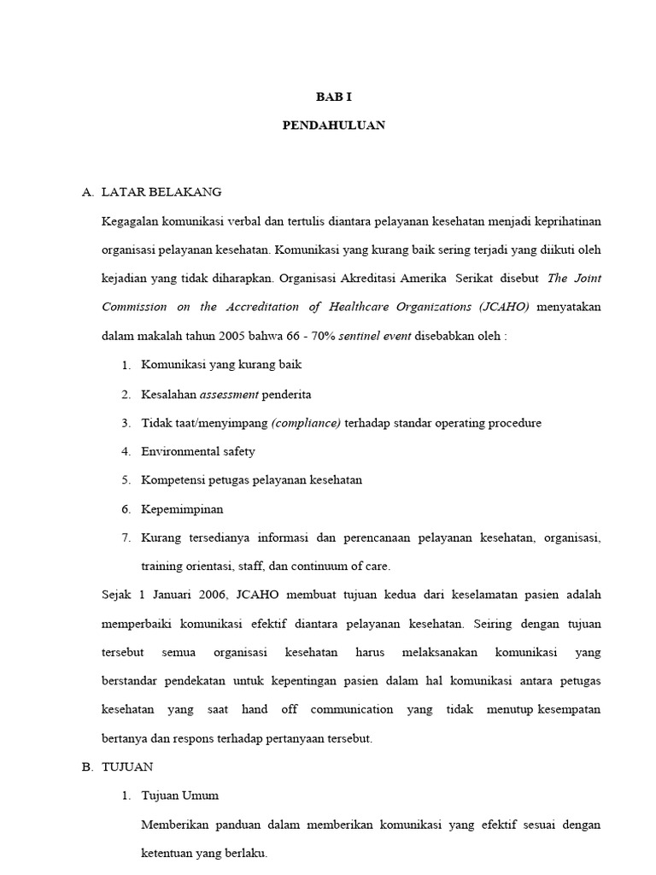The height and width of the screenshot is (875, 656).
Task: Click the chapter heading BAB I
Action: coord(333,97)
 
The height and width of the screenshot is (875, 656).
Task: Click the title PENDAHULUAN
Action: coord(333,125)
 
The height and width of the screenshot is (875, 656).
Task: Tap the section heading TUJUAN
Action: coord(127,767)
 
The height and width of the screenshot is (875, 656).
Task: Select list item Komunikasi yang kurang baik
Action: coord(220,365)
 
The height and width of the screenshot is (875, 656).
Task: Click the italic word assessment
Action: coord(228,394)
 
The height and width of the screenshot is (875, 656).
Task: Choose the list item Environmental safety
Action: coord(197,451)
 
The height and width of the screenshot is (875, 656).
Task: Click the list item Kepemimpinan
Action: coord(182,508)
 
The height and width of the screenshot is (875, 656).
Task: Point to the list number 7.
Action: coord(126,537)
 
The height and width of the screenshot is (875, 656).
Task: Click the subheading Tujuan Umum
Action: coord(179,796)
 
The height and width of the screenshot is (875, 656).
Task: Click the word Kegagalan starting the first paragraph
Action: coord(129,221)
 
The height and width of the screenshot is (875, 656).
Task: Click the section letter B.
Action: coord(87,767)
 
